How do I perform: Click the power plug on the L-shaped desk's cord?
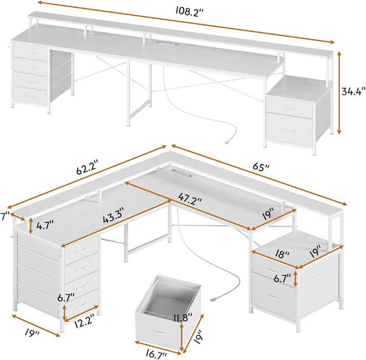click(x=212, y=299)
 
